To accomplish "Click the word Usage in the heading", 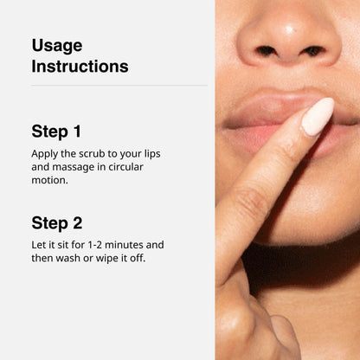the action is pyautogui.click(x=57, y=46).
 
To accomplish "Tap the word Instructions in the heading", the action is pyautogui.click(x=80, y=67).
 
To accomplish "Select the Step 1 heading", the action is pyautogui.click(x=56, y=132).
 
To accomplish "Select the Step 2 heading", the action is pyautogui.click(x=57, y=223).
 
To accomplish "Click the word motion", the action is pyautogui.click(x=49, y=180).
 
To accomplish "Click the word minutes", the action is pyautogui.click(x=124, y=245).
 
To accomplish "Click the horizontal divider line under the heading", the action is pyautogui.click(x=119, y=86).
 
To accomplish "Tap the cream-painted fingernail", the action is pyautogui.click(x=318, y=117).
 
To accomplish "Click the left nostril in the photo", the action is pyautogui.click(x=266, y=51).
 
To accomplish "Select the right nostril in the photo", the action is pyautogui.click(x=313, y=51).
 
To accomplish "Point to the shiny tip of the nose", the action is pyautogui.click(x=289, y=29).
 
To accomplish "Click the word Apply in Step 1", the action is pyautogui.click(x=45, y=154).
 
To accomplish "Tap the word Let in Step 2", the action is pyautogui.click(x=37, y=245).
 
